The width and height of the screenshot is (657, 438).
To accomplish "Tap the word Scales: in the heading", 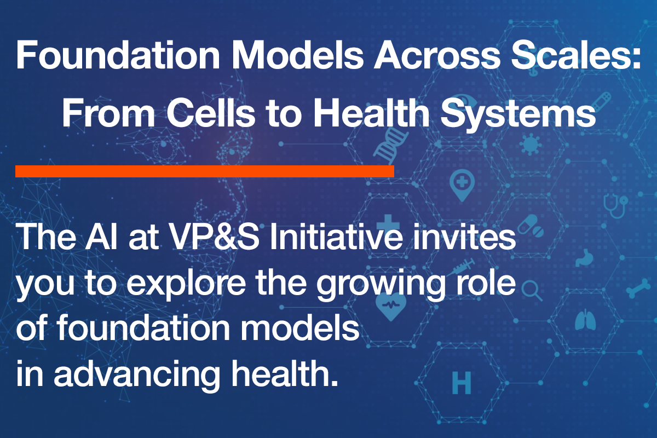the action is pyautogui.click(x=575, y=55).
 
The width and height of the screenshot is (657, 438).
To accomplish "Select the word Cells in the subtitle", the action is pyautogui.click(x=211, y=112).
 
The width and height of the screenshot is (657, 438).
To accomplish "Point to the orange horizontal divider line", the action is pyautogui.click(x=205, y=171).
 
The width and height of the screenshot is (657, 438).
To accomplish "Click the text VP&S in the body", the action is pyautogui.click(x=215, y=236).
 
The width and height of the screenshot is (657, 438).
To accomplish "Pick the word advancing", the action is pyautogui.click(x=137, y=376).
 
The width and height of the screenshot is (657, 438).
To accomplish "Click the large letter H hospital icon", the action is pyautogui.click(x=462, y=383).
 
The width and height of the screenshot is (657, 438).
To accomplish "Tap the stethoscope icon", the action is pyautogui.click(x=615, y=205).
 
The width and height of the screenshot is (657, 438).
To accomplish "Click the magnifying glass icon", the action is pyautogui.click(x=532, y=291).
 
